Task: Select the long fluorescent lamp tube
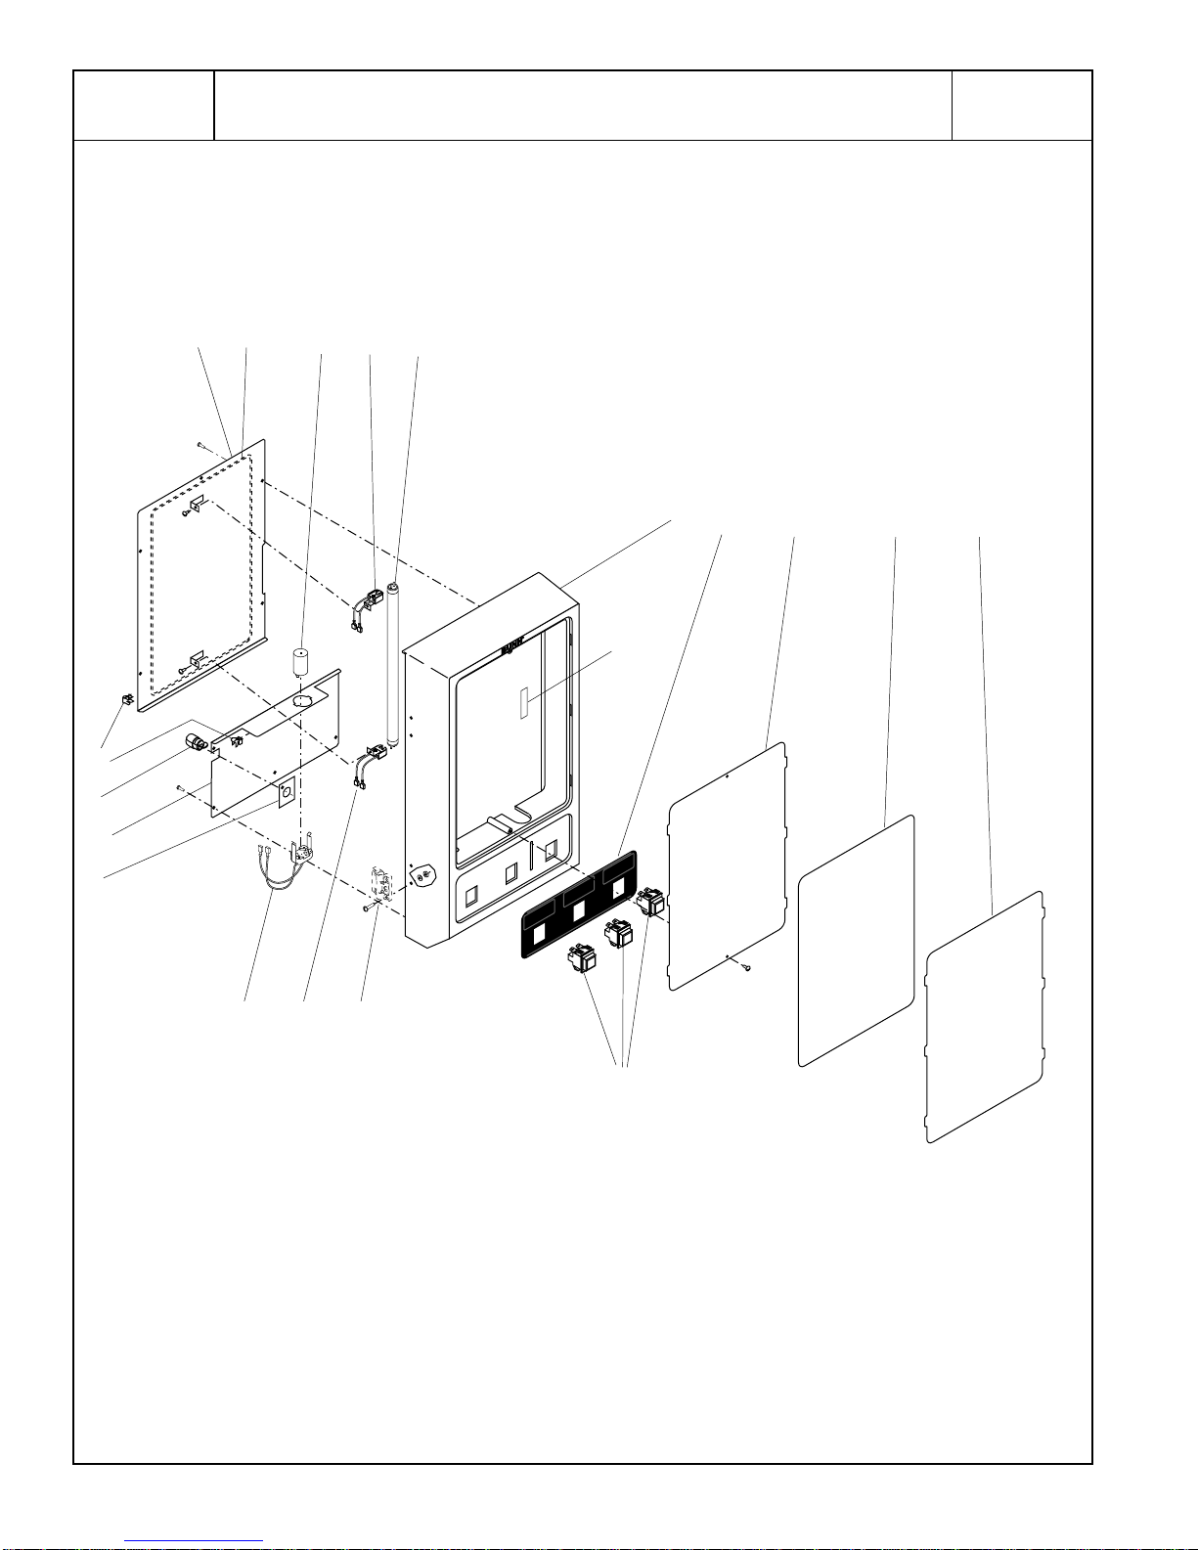click(x=394, y=665)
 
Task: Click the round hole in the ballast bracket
click(x=303, y=701)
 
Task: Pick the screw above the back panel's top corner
click(x=199, y=444)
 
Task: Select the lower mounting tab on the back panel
click(x=197, y=660)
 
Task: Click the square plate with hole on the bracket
click(x=287, y=792)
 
